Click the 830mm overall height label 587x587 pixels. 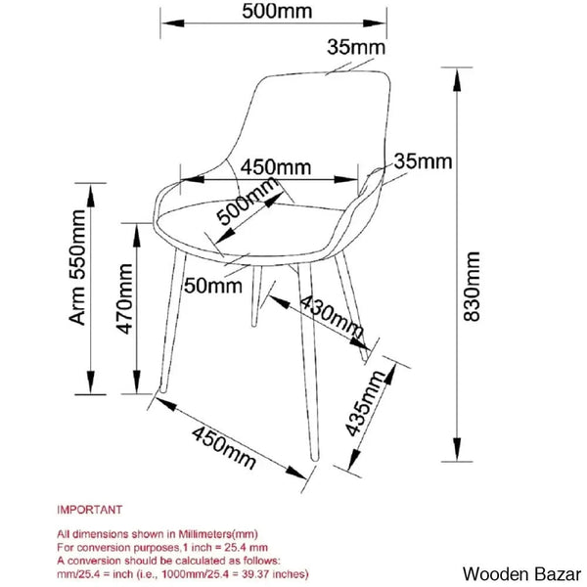(x=472, y=287)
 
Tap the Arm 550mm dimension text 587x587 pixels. (x=77, y=267)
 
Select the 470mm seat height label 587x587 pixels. (x=124, y=298)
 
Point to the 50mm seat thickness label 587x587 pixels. (x=213, y=286)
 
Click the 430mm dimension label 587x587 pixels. (x=332, y=317)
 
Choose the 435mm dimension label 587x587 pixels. (x=365, y=403)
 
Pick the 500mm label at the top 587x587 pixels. (x=277, y=11)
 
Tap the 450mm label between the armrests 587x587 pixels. (x=276, y=167)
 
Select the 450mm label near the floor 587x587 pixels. (x=224, y=448)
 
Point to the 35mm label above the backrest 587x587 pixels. (x=356, y=48)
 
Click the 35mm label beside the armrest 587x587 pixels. (x=423, y=161)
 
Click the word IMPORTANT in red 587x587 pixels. (x=89, y=510)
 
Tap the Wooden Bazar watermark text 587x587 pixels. (x=521, y=574)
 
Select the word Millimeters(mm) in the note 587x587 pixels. (x=218, y=534)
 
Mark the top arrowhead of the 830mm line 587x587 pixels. (x=457, y=80)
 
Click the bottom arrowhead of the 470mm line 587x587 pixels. (x=137, y=383)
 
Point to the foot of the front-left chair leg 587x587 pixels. (x=162, y=390)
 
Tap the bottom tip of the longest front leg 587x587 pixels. (x=314, y=459)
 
